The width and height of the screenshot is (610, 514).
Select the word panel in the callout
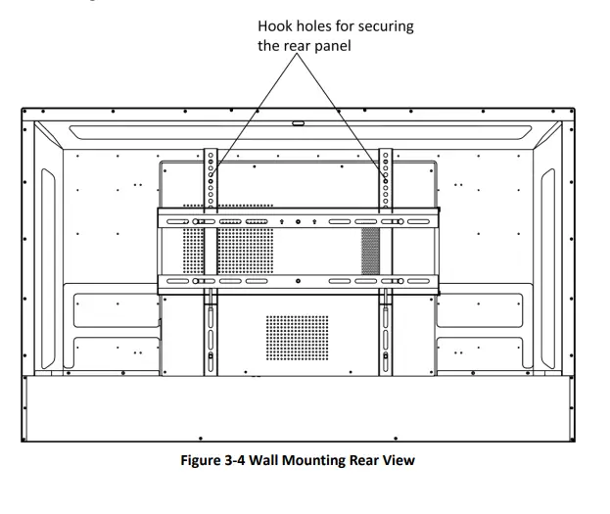tap(331, 46)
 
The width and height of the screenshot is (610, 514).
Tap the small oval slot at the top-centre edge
tap(298, 124)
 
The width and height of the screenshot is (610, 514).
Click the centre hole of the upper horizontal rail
tap(298, 222)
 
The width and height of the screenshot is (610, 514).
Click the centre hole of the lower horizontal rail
tap(298, 282)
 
